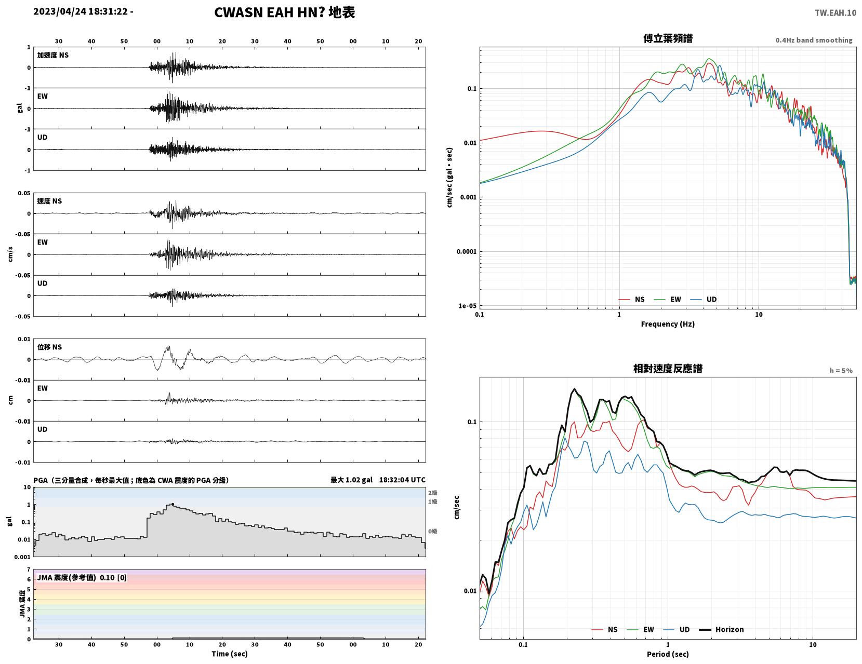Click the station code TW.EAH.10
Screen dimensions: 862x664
click(835, 12)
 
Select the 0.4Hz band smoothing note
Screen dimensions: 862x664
click(814, 40)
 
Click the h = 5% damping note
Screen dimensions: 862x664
click(841, 371)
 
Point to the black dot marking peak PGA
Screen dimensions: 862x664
click(173, 504)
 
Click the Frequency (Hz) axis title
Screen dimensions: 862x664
click(668, 324)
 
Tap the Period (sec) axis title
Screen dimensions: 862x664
click(668, 654)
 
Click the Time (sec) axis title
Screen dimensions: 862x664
click(229, 654)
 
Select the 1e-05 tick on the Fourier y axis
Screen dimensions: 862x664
click(467, 306)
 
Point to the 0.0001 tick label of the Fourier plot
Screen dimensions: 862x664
click(466, 252)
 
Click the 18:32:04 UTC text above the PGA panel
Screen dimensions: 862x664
click(402, 480)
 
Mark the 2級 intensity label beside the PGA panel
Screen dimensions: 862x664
click(432, 493)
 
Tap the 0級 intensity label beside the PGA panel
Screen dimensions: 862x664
click(432, 531)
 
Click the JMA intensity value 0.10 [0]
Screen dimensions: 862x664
click(113, 578)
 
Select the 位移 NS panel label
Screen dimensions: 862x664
click(49, 347)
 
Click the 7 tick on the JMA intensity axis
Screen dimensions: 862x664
click(29, 570)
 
